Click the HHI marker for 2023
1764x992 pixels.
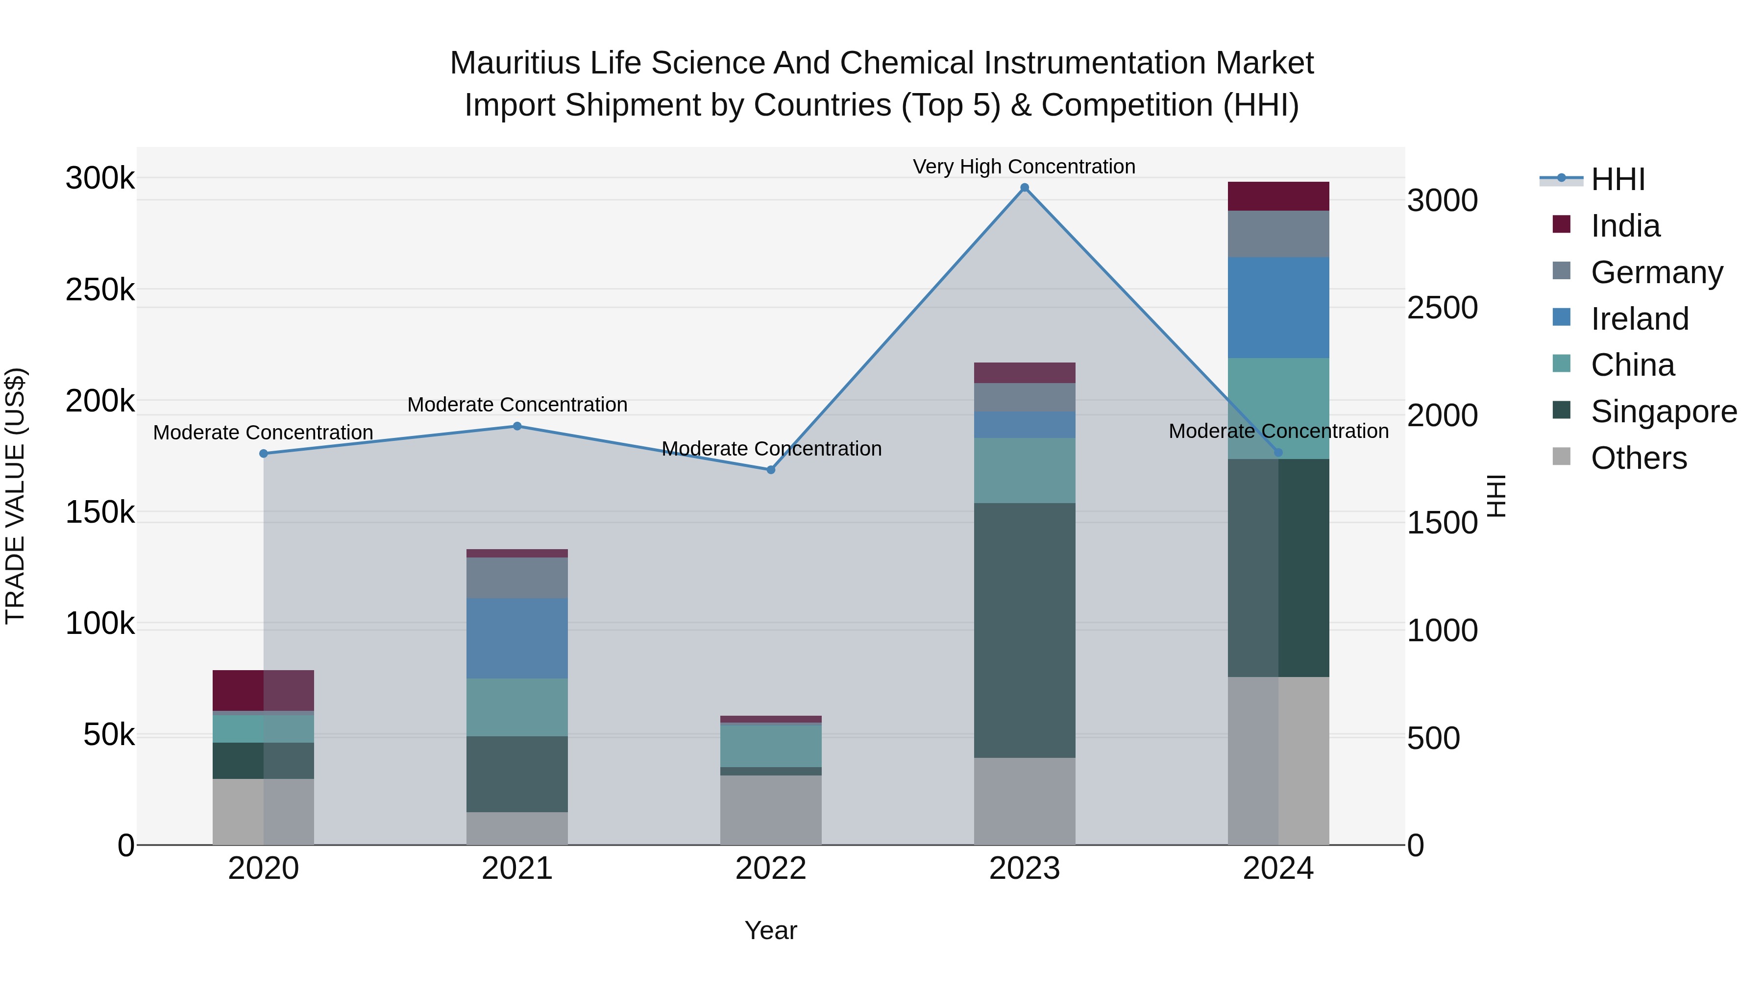click(1025, 188)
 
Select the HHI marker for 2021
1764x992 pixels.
click(517, 427)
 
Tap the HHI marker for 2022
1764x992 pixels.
click(770, 470)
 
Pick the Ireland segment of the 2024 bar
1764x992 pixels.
click(1278, 307)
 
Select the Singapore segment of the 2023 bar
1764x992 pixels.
click(1025, 630)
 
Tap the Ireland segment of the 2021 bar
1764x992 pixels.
click(517, 638)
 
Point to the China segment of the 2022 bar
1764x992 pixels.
click(770, 746)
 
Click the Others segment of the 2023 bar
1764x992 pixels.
click(1025, 801)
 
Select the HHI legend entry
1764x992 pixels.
click(1617, 179)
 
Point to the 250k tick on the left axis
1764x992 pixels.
click(100, 290)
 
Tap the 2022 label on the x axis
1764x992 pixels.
click(770, 869)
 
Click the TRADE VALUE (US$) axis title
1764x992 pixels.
click(15, 496)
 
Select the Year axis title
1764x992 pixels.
click(770, 930)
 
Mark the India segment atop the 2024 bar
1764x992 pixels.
click(1278, 196)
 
